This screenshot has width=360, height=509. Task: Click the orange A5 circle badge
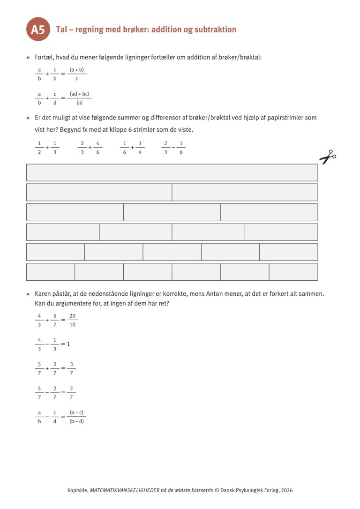(x=38, y=30)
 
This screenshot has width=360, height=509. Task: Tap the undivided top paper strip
(x=172, y=172)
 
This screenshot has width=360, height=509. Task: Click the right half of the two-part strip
(x=245, y=192)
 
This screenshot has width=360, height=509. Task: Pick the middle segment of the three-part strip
(x=172, y=212)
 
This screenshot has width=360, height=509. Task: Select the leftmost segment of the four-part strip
(x=63, y=232)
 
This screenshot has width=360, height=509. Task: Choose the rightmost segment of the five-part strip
(x=288, y=252)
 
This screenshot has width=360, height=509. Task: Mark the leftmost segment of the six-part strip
(x=51, y=272)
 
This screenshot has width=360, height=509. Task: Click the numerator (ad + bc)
(x=79, y=94)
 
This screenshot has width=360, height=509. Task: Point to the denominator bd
(x=79, y=103)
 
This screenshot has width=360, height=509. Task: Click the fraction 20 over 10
(x=73, y=321)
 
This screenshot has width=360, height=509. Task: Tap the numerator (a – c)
(x=76, y=412)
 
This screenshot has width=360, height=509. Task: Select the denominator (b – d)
(x=76, y=421)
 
